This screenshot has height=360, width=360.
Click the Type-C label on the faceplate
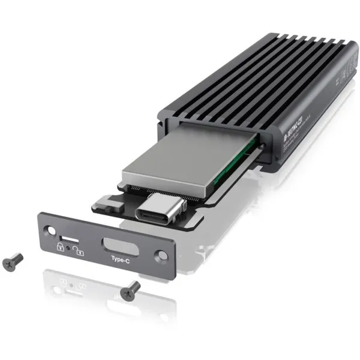coord(120,259)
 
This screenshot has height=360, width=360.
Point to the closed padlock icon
coord(61,246)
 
